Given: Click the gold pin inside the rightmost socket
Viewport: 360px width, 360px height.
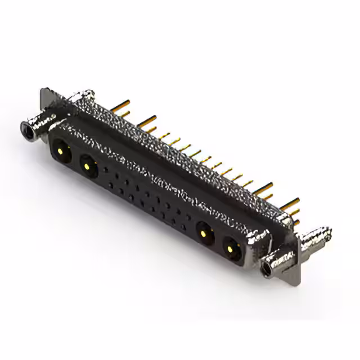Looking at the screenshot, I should [x=231, y=246].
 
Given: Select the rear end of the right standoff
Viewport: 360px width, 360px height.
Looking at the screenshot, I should [x=325, y=232].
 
